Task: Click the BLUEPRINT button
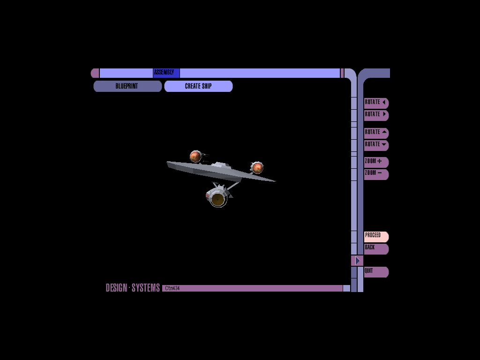(127, 86)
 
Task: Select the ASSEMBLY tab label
(164, 72)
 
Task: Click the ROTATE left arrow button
(376, 103)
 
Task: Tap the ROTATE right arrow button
(376, 115)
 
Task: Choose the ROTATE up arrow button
(376, 133)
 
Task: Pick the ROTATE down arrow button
(376, 145)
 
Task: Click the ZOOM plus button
(376, 162)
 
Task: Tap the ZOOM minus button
(376, 173)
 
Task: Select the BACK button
(376, 248)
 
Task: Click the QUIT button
(376, 271)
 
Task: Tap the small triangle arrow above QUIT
(357, 261)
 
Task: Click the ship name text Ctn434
(172, 288)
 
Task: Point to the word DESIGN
(116, 288)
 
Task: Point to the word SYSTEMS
(146, 288)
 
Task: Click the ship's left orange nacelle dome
(195, 157)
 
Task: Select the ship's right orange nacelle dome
(257, 167)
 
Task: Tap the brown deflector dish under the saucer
(217, 200)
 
